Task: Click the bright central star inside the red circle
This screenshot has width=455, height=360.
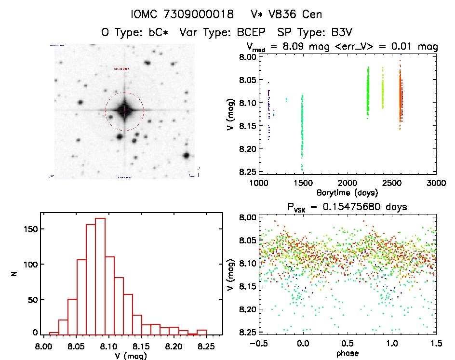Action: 124,110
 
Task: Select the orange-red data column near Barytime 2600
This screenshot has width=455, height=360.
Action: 400,101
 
